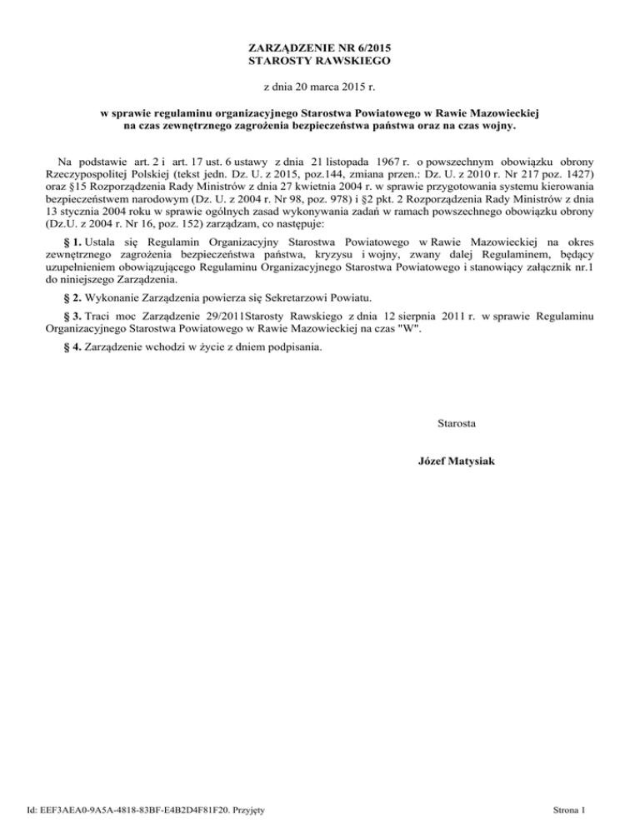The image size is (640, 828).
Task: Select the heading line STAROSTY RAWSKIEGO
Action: pyautogui.click(x=320, y=62)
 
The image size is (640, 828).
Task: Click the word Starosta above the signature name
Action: pyautogui.click(x=457, y=424)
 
